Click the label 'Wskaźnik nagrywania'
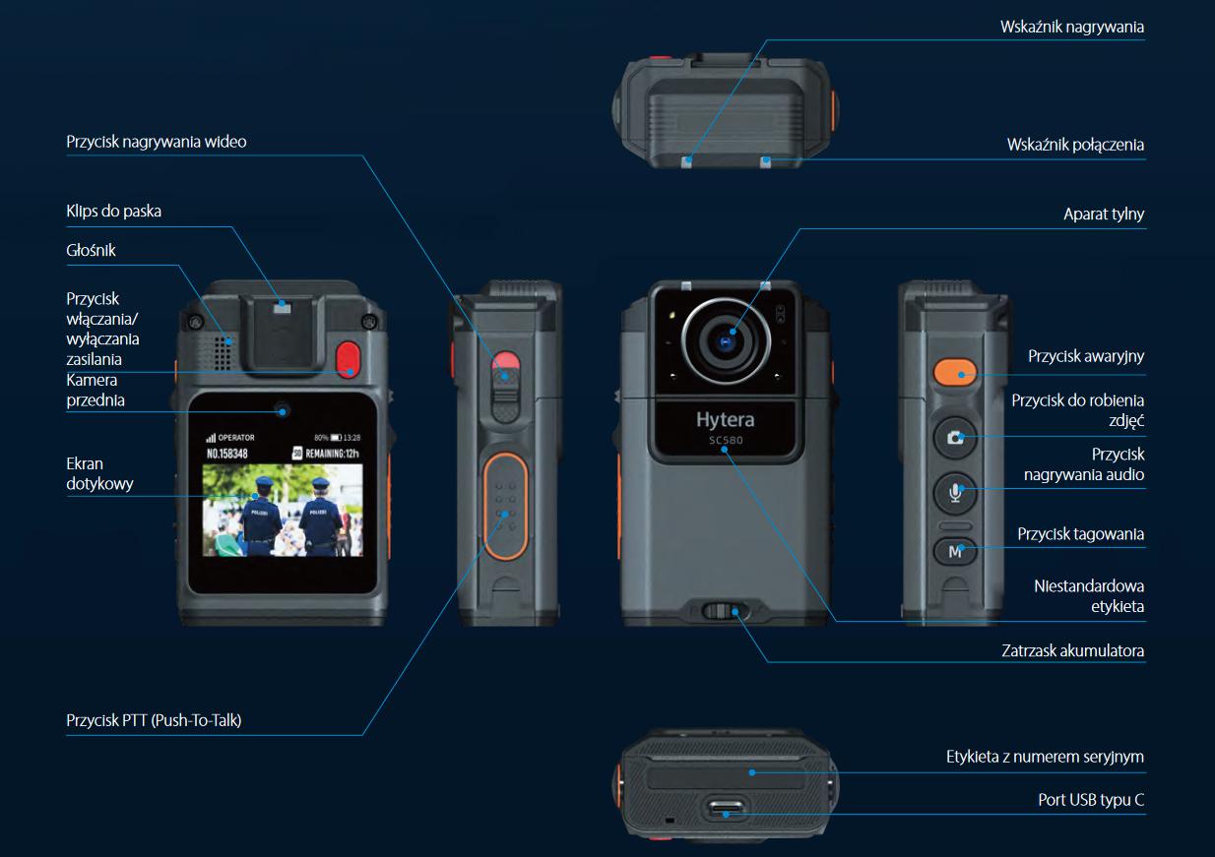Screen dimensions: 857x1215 coord(1071,28)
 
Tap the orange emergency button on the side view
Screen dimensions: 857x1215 coord(954,372)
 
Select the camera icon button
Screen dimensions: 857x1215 coord(954,437)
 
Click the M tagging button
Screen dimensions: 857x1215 coord(954,552)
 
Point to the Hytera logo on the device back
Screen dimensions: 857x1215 coord(725,420)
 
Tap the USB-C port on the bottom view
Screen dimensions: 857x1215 coord(727,811)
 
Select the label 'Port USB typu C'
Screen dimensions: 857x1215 coord(1091,799)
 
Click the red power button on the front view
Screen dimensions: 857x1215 coord(348,359)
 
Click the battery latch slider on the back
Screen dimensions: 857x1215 coord(726,611)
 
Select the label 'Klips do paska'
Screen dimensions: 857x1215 coord(113,211)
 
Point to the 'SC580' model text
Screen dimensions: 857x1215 coord(725,441)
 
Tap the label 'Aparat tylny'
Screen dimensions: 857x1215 coord(1104,214)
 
